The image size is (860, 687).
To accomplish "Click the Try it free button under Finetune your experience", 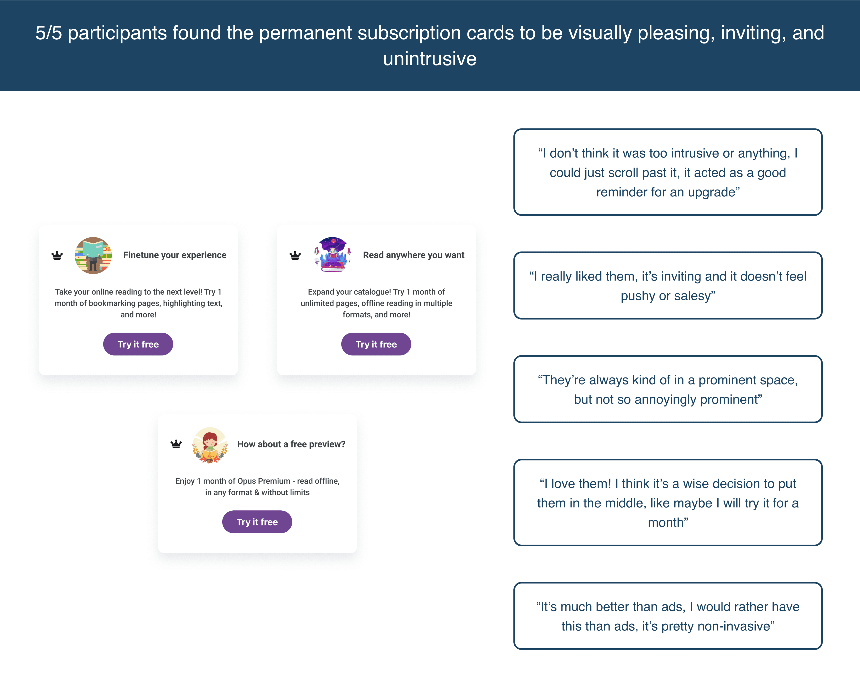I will (x=138, y=344).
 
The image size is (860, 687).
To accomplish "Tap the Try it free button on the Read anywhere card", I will (x=376, y=344).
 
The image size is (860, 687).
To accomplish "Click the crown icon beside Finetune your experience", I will (x=57, y=255).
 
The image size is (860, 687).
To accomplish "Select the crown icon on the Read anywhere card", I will (x=295, y=255).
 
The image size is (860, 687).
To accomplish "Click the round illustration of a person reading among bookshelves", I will (x=93, y=255).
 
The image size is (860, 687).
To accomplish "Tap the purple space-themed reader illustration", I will (x=333, y=254).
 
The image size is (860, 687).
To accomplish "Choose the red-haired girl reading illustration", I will (x=210, y=445).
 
